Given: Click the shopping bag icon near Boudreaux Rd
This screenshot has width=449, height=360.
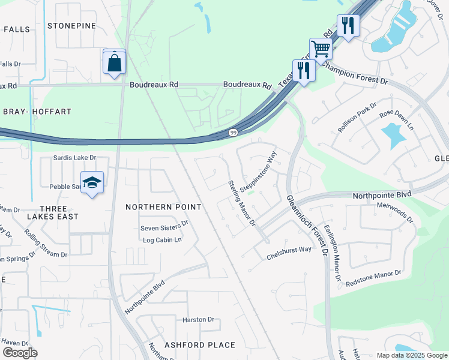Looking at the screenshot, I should pyautogui.click(x=114, y=62).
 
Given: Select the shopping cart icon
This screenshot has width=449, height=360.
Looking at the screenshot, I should pyautogui.click(x=321, y=49).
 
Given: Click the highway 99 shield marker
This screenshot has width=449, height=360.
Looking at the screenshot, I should pyautogui.click(x=232, y=133).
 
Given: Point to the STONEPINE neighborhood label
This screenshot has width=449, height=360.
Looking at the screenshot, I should pyautogui.click(x=71, y=26).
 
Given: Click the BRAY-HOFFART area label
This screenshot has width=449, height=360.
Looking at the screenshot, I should pyautogui.click(x=37, y=112).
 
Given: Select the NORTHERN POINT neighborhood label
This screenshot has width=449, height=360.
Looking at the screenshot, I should pyautogui.click(x=163, y=207).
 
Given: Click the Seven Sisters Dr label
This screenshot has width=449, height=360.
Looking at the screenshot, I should pyautogui.click(x=164, y=228).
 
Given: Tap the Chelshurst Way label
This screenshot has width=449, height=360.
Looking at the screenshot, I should pyautogui.click(x=289, y=253).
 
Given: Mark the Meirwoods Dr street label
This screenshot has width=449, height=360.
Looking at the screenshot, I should pyautogui.click(x=393, y=212).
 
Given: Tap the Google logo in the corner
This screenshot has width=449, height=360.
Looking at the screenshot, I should pyautogui.click(x=20, y=353).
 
